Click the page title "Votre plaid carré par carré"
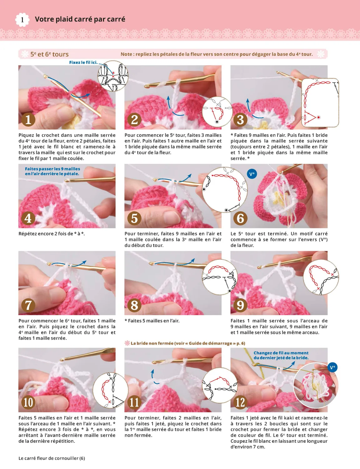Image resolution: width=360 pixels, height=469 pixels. pos(80,19)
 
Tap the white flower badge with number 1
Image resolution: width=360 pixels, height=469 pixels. pos(22,20)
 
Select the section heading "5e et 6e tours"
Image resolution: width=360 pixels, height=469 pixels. pos(49,54)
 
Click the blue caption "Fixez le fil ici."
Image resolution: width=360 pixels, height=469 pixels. pos(83,63)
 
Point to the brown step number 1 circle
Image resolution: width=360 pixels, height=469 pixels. pos(28,119)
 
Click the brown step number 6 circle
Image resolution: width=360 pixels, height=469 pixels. pos(240,218)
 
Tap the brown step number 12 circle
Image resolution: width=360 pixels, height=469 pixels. pos(240,402)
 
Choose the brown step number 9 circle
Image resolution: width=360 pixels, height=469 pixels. pos(240,305)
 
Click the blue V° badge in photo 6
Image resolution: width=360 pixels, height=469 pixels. pos(252,174)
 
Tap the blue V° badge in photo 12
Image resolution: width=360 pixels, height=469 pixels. pos(332,367)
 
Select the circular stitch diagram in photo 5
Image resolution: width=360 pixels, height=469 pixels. pos(225,189)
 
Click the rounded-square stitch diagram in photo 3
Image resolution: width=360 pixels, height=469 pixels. pos(320,103)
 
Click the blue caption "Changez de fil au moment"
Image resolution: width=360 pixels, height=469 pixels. pos(281,353)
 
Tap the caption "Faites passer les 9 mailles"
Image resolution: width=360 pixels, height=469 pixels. pos(53,169)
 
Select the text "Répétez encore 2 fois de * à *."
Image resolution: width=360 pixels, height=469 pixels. pos(52,234)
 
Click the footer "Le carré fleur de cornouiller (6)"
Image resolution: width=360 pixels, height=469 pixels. pos(52,458)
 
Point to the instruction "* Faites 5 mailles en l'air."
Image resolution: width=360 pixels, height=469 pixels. pos(152,320)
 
